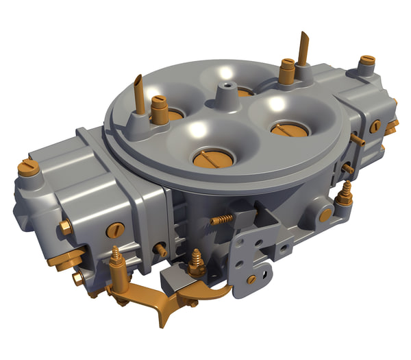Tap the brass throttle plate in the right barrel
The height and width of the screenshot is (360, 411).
290,128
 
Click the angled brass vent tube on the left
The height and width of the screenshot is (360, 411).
139,95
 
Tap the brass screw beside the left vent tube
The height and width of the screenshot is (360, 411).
160,110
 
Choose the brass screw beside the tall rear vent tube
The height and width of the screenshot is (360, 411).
286,71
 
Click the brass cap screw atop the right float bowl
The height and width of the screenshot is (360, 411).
367,64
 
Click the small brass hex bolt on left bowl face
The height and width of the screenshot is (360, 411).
65,228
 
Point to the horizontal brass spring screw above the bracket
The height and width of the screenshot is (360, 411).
221,219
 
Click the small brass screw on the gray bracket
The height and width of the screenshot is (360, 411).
251,279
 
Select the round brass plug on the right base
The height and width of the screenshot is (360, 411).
325,215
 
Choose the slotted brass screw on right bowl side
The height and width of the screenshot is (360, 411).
375,126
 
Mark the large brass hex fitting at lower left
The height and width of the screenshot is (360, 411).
65,259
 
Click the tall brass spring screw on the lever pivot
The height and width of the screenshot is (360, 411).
117,261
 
